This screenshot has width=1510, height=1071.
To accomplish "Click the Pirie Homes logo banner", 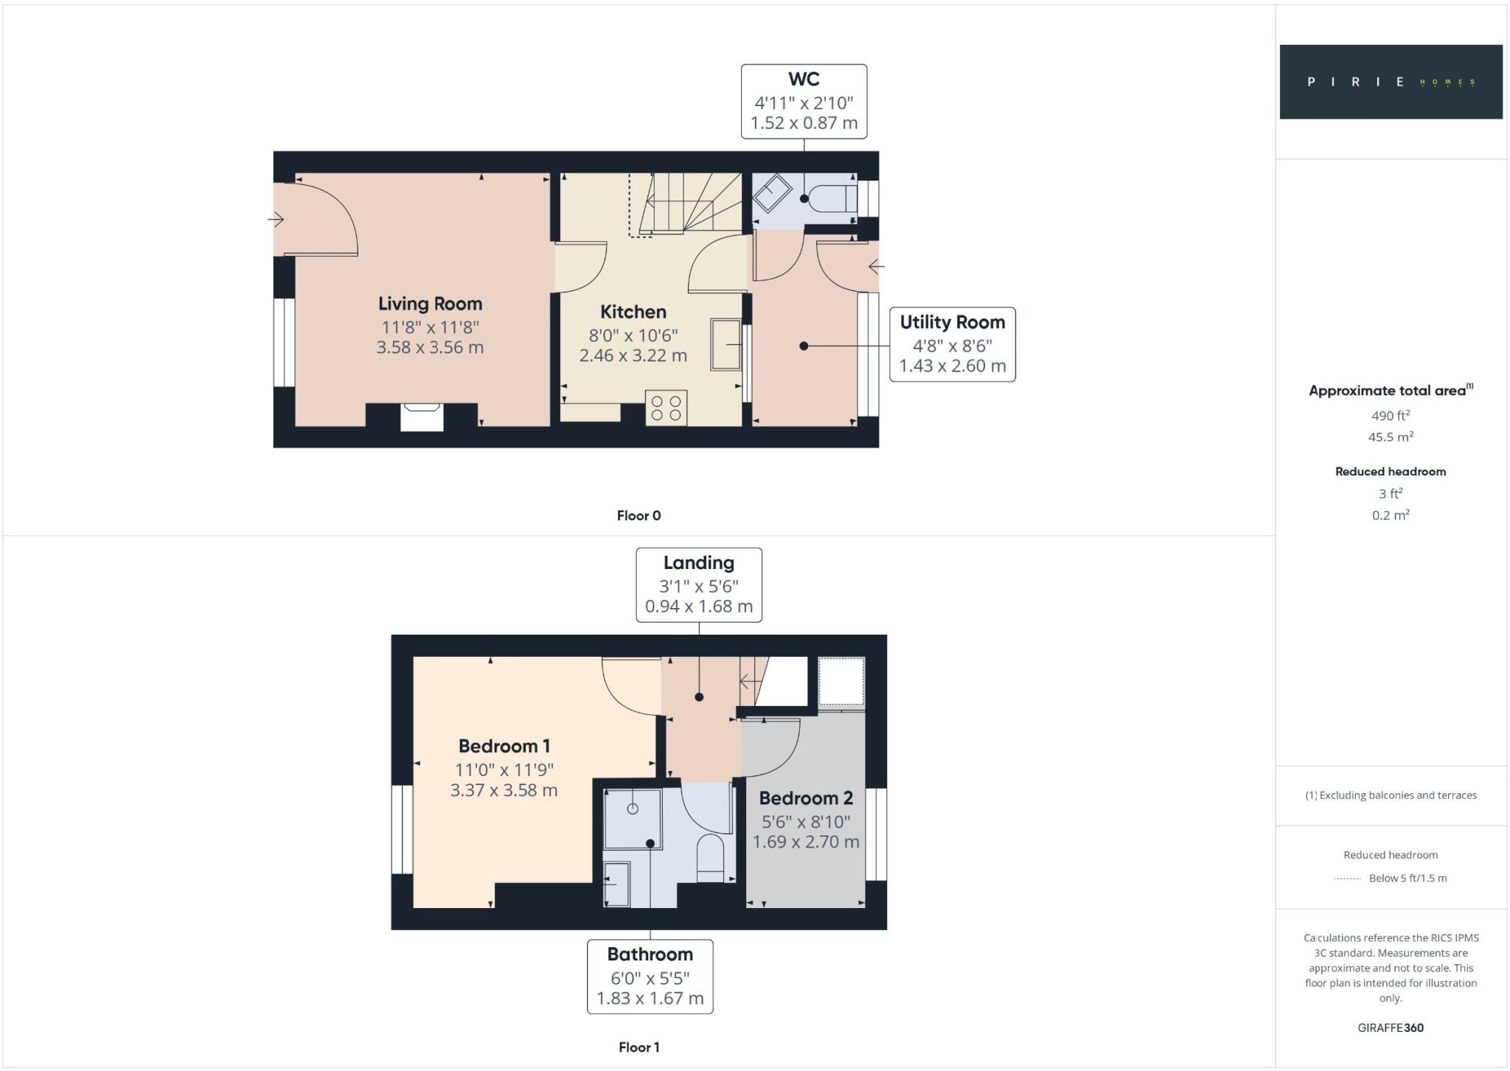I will pyautogui.click(x=1391, y=82).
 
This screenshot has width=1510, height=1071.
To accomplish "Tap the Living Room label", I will pyautogui.click(x=430, y=304).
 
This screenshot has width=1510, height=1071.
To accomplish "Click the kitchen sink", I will pyautogui.click(x=726, y=344).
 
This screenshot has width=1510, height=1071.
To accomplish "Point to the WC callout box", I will pyautogui.click(x=804, y=102).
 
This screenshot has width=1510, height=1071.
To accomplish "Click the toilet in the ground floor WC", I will pyautogui.click(x=831, y=198).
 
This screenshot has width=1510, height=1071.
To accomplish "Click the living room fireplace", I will pyautogui.click(x=422, y=417).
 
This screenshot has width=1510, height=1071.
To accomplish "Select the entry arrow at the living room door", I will pyautogui.click(x=276, y=219).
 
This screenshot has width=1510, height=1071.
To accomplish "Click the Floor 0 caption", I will pyautogui.click(x=639, y=516).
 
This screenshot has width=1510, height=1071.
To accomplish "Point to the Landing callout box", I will pyautogui.click(x=698, y=585).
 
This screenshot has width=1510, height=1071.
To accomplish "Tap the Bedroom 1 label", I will pyautogui.click(x=504, y=746).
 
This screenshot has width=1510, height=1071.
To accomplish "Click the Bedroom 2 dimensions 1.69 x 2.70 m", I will pyautogui.click(x=806, y=842).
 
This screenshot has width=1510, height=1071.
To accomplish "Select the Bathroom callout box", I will pyautogui.click(x=650, y=977).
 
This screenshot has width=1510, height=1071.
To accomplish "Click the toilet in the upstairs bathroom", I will pyautogui.click(x=711, y=858).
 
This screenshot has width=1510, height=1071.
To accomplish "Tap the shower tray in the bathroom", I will pyautogui.click(x=632, y=818).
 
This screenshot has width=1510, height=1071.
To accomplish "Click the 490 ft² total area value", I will pyautogui.click(x=1390, y=416).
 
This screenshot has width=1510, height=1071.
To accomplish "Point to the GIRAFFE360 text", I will pyautogui.click(x=1390, y=1028).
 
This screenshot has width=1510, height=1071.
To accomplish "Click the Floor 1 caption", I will pyautogui.click(x=639, y=1047).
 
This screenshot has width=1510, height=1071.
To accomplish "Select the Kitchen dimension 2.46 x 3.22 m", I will pyautogui.click(x=633, y=356).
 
